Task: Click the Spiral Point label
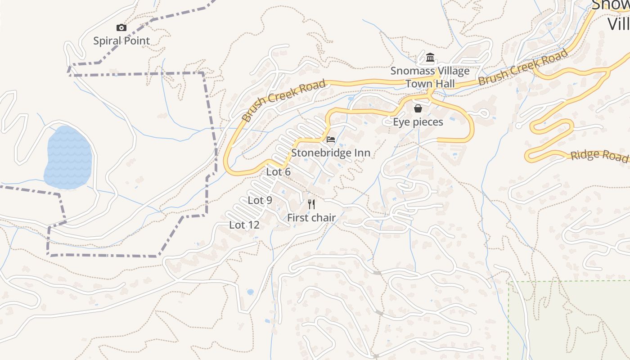[x=121, y=41]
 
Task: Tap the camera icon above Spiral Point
[x=121, y=28]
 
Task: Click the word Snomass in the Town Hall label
[x=408, y=71]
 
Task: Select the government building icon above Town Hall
[x=430, y=58]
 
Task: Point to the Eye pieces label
[x=418, y=122]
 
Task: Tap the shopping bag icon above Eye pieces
[x=418, y=108]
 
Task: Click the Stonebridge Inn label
[x=331, y=153]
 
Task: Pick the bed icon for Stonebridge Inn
[x=331, y=139]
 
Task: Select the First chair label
[x=311, y=218]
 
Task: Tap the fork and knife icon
[x=311, y=204]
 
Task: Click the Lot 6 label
[x=279, y=172]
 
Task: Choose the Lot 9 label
[x=260, y=200]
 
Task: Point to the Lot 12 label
[x=244, y=225]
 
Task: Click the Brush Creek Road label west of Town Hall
[x=283, y=101]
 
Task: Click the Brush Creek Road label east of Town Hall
[x=523, y=67]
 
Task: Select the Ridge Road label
[x=598, y=156]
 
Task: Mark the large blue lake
[x=68, y=157]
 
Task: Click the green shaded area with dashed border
[x=569, y=322]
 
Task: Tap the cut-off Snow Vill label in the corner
[x=612, y=13]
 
